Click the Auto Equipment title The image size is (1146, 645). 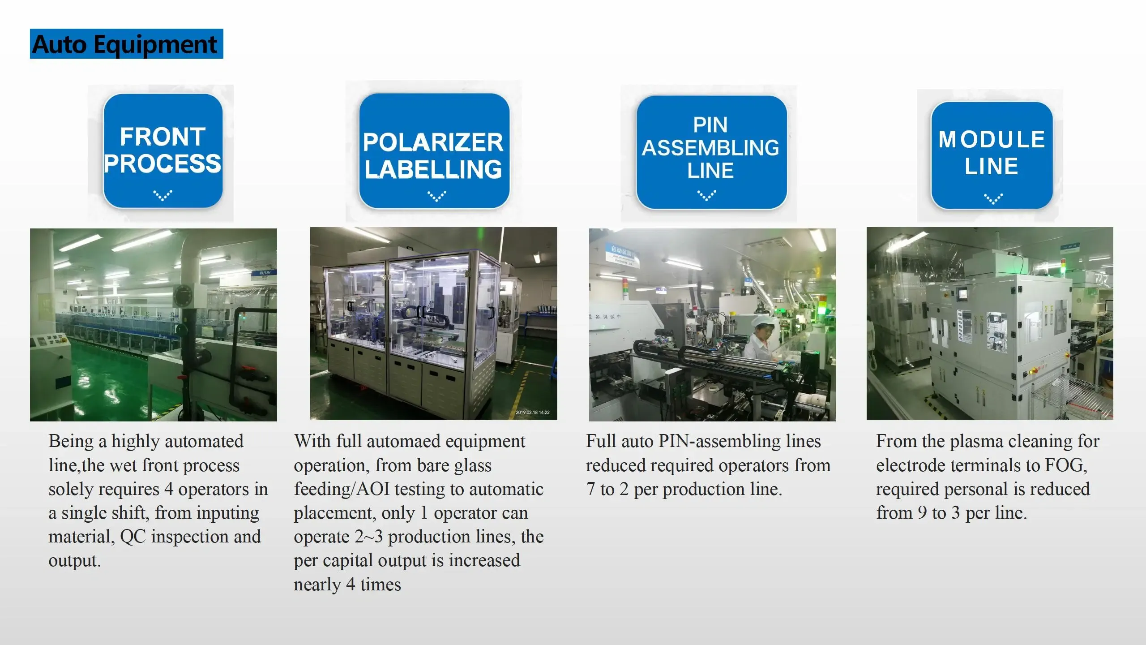[x=126, y=44]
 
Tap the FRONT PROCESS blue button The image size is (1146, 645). [x=163, y=150]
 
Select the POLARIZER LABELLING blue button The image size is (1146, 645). [x=434, y=150]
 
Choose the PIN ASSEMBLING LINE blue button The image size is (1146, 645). [x=711, y=152]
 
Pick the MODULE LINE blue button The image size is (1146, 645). [x=992, y=155]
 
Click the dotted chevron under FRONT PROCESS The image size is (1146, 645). [x=162, y=195]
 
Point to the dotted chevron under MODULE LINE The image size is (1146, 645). [x=993, y=199]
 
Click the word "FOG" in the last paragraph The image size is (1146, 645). [x=1065, y=465]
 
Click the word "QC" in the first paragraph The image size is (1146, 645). [x=133, y=537]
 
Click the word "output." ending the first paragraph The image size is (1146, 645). [x=75, y=561]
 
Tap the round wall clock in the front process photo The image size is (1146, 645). [x=184, y=295]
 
